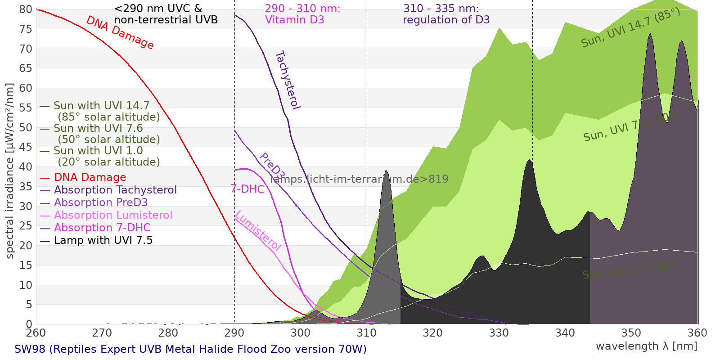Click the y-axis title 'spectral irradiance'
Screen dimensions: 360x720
pos(10,171)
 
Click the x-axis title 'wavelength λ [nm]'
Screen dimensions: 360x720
pos(647,346)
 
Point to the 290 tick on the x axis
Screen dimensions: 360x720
pos(234,333)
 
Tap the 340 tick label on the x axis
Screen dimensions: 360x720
pos(565,333)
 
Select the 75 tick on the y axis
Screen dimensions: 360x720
pos(26,29)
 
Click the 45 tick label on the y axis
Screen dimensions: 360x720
pos(26,147)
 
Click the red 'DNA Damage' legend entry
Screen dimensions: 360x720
pos(90,177)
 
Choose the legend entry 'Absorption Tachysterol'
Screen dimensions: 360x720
pos(115,190)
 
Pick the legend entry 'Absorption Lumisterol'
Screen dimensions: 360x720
pos(113,215)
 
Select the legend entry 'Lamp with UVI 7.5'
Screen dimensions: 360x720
pos(103,240)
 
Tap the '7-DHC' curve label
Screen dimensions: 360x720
pos(247,189)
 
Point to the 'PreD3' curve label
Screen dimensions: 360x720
pos(272,166)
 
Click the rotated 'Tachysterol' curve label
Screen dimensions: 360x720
pos(287,80)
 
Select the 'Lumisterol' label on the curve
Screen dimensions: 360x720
pos(258,230)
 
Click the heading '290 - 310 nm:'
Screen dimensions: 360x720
pos(302,9)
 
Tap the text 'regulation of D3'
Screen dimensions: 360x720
pos(446,20)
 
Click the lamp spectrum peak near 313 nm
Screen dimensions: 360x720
pos(386,171)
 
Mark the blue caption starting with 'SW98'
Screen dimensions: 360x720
pos(190,349)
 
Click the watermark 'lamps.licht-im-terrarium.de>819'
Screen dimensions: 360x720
pos(359,179)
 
